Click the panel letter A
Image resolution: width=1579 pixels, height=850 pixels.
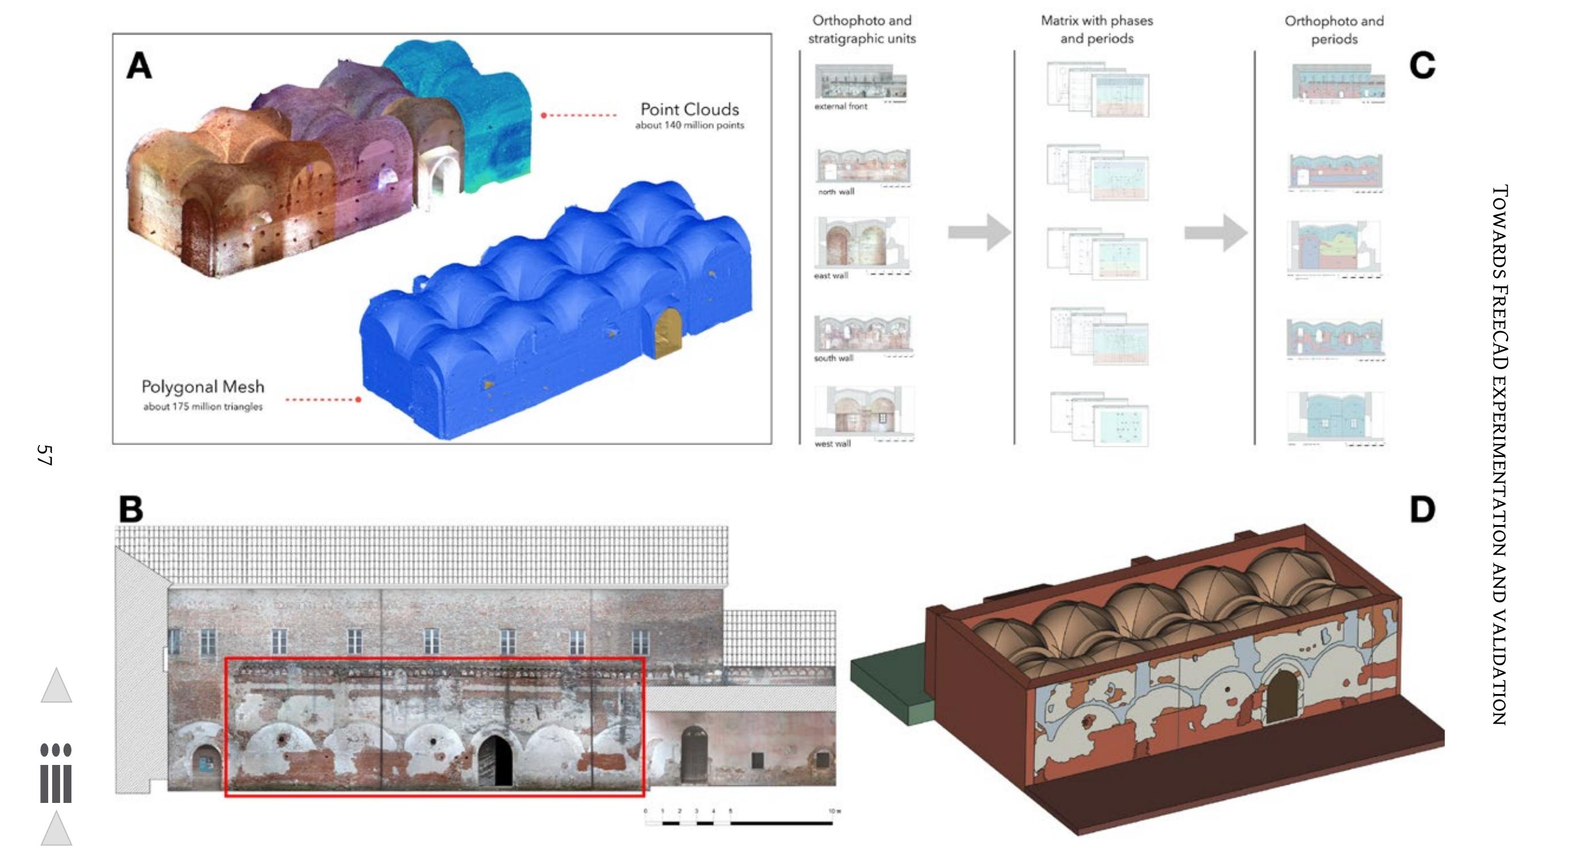click(x=139, y=66)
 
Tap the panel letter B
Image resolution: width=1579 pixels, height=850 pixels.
click(x=130, y=509)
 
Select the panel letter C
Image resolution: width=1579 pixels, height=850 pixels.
click(x=1422, y=66)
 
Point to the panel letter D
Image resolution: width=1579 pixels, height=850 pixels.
click(x=1422, y=509)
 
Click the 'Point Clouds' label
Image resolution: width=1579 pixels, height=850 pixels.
click(x=689, y=109)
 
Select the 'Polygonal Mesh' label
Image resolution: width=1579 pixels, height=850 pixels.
click(x=203, y=387)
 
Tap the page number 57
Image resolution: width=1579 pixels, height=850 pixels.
click(x=44, y=455)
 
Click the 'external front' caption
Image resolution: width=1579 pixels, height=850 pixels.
click(x=840, y=107)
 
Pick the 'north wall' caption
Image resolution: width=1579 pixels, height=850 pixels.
click(x=836, y=192)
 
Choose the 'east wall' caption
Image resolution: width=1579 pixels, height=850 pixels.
click(x=831, y=276)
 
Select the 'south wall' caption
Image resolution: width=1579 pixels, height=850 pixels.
click(x=833, y=358)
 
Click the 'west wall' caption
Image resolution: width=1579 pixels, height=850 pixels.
click(x=832, y=443)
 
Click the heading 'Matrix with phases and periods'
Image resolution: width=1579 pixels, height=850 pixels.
click(x=1097, y=29)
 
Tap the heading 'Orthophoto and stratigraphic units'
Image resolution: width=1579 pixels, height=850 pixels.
click(x=861, y=29)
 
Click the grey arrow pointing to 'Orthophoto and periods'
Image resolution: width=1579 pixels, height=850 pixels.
click(x=1216, y=232)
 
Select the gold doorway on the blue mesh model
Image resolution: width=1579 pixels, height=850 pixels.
click(x=668, y=333)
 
